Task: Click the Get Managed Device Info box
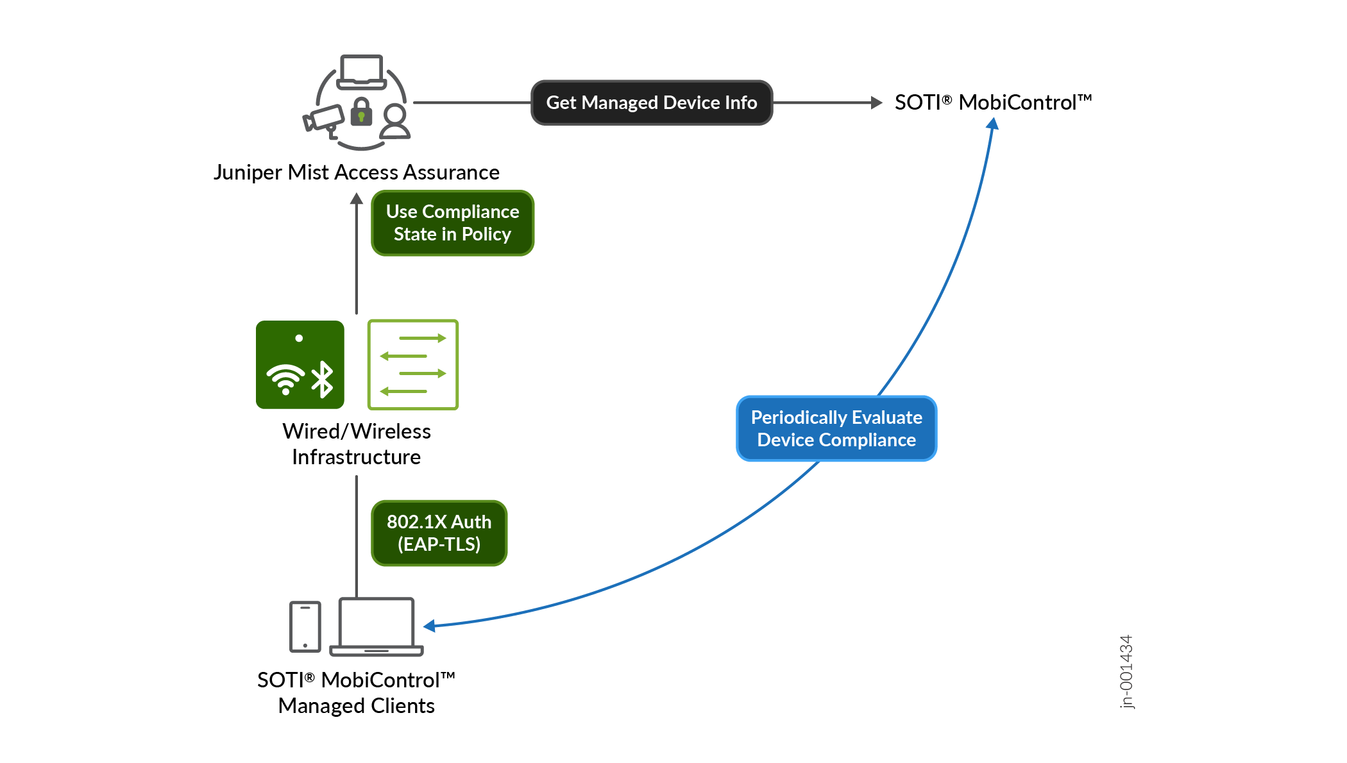click(651, 103)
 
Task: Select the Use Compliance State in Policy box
click(452, 223)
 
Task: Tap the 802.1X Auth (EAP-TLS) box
click(439, 533)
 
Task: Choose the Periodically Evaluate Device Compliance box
click(836, 428)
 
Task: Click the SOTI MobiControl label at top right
click(992, 103)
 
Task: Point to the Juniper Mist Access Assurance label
click(356, 172)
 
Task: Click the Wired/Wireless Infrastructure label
click(356, 444)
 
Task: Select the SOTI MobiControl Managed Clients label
click(356, 692)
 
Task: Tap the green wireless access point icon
click(300, 364)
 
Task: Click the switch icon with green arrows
click(412, 364)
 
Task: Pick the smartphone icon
click(305, 626)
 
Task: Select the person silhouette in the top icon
click(395, 122)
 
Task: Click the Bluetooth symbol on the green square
click(323, 379)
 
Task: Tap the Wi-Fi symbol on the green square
click(285, 379)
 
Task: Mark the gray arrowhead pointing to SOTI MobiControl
click(876, 103)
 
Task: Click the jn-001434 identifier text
click(1126, 671)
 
